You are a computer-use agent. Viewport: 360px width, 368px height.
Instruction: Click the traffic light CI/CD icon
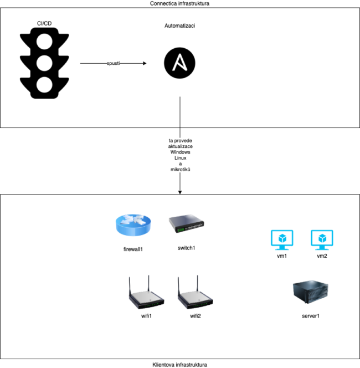pyautogui.click(x=44, y=64)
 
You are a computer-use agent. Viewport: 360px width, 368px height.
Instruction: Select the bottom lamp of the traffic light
pyautogui.click(x=44, y=84)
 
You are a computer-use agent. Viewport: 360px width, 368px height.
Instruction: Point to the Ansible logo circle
pyautogui.click(x=179, y=63)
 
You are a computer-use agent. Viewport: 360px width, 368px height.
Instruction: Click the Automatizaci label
pyautogui.click(x=179, y=26)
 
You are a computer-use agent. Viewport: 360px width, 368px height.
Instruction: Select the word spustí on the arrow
pyautogui.click(x=114, y=64)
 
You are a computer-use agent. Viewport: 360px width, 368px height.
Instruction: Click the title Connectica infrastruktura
pyautogui.click(x=179, y=3)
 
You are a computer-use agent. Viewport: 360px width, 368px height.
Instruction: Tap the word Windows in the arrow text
pyautogui.click(x=179, y=152)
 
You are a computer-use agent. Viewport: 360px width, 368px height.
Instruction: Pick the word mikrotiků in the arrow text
pyautogui.click(x=180, y=168)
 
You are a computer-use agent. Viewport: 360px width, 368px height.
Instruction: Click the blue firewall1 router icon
pyautogui.click(x=133, y=226)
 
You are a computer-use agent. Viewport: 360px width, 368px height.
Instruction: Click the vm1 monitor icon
pyautogui.click(x=282, y=239)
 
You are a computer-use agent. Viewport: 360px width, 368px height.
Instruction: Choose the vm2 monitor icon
pyautogui.click(x=322, y=239)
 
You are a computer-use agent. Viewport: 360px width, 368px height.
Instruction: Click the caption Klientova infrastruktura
pyautogui.click(x=179, y=365)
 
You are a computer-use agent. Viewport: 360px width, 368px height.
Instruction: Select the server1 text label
pyautogui.click(x=311, y=316)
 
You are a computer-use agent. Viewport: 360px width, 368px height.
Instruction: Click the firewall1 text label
pyautogui.click(x=133, y=249)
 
